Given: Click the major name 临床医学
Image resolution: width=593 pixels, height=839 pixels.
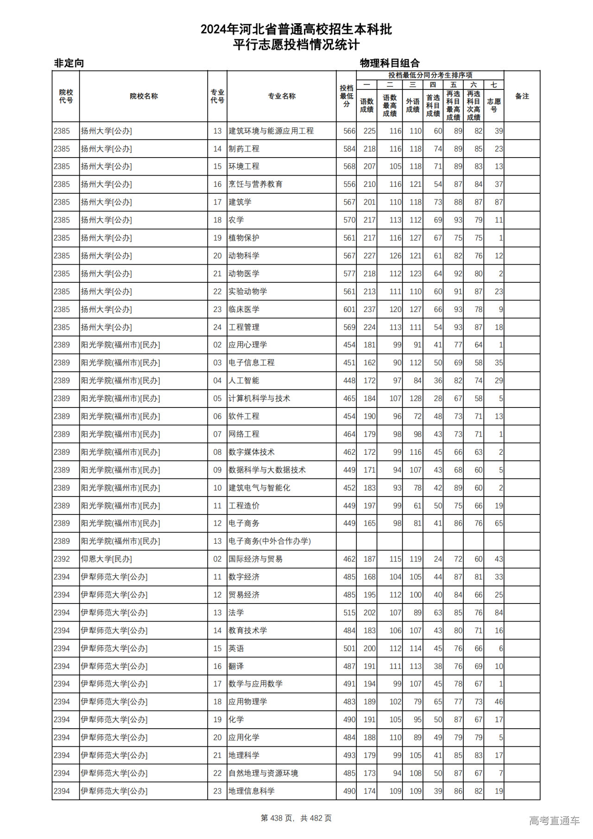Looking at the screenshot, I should coord(244,309).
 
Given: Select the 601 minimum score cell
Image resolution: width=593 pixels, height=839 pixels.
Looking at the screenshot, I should coord(349,309).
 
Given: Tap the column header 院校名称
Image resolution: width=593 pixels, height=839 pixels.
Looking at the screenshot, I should coord(144,96).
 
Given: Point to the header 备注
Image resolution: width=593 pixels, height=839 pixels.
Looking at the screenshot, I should coord(522,96).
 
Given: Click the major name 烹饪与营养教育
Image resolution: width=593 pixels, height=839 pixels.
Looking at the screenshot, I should coord(255,184).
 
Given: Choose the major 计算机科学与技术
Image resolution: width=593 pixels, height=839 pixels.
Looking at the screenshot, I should coord(259,398).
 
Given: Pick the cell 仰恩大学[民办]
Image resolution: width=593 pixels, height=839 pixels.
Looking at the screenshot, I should coord(106,559).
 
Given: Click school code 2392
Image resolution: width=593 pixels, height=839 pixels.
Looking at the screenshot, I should coord(62,559).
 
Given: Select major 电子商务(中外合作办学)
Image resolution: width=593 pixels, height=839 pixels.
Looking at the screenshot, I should coord(269,541).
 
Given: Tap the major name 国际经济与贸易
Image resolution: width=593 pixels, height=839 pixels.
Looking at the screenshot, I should coord(255,559).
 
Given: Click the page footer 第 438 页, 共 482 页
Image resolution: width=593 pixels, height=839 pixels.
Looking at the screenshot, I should coord(296,818).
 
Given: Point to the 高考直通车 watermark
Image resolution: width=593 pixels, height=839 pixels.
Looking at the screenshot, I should coord(554,820).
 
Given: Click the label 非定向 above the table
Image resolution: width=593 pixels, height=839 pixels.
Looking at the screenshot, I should coord(69,63).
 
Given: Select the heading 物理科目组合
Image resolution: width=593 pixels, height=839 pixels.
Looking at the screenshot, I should coord(390,63).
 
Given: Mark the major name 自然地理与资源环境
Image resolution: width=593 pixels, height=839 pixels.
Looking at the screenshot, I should coord(263,773).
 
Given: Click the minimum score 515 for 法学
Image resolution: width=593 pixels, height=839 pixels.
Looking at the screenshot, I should coord(349,613).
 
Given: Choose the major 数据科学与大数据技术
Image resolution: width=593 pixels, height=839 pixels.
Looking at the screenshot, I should coord(267,470).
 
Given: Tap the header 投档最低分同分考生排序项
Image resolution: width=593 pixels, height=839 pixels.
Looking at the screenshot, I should coord(430,75).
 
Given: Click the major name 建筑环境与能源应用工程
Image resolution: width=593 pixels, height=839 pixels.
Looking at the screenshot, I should coord(271,131).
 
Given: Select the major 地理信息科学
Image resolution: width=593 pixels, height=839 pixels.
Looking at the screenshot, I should coord(252,791).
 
